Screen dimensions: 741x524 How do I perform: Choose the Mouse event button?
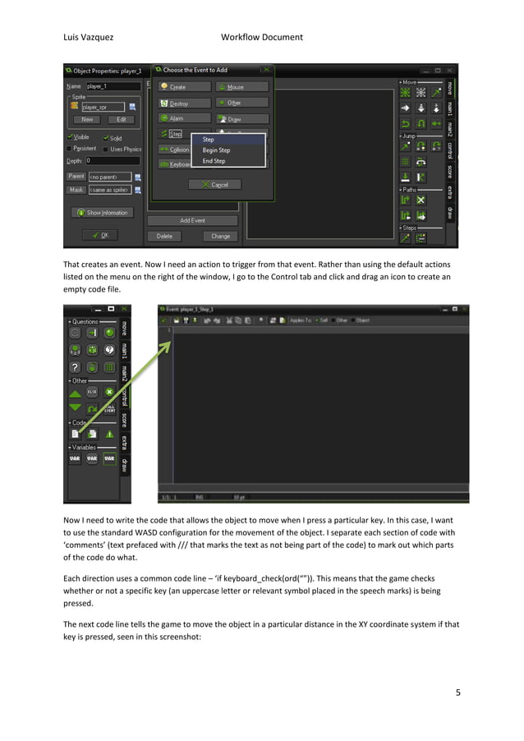[x=242, y=86]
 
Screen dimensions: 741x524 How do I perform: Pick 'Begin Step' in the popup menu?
[x=217, y=150]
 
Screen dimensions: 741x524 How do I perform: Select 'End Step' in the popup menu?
[x=214, y=161]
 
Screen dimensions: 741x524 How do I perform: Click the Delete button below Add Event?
[x=164, y=236]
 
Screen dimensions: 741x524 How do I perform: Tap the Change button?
[x=220, y=236]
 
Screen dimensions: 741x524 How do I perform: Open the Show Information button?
[x=103, y=212]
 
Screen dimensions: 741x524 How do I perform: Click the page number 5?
[x=458, y=693]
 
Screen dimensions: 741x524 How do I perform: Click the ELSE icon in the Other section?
[x=92, y=393]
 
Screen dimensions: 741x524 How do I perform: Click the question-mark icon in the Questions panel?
[x=75, y=367]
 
